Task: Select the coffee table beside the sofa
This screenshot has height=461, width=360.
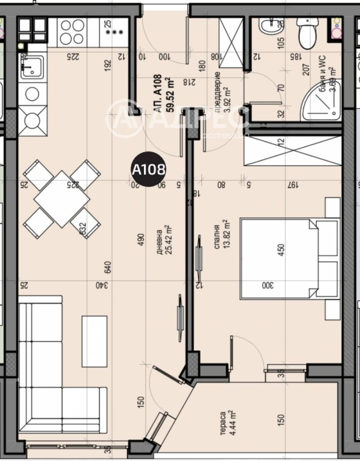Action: pyautogui.click(x=94, y=341)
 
